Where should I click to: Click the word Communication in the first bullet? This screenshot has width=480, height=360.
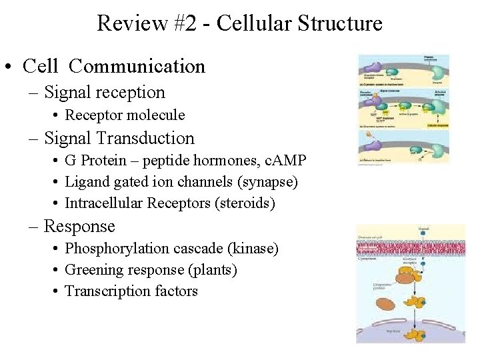point(137,67)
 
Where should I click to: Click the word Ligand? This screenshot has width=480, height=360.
point(84,182)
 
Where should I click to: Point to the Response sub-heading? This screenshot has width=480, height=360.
point(79,227)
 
